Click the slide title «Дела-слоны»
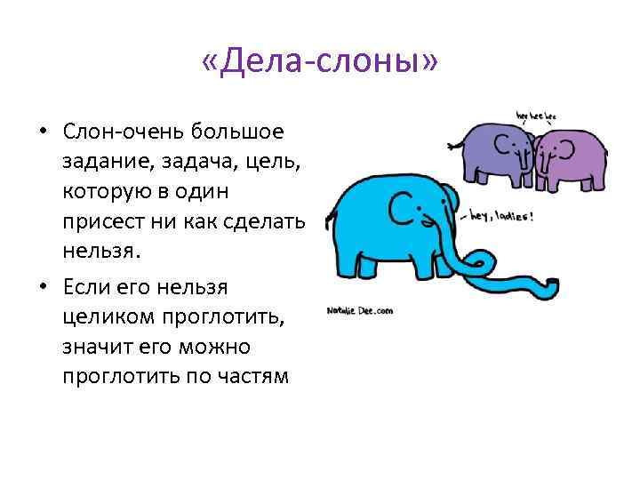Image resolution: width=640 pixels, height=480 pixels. click(320, 62)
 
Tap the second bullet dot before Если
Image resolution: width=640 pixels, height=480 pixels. click(42, 287)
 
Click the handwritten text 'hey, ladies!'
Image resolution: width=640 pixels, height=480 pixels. click(501, 215)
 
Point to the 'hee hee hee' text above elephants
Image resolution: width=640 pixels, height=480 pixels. click(536, 115)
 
